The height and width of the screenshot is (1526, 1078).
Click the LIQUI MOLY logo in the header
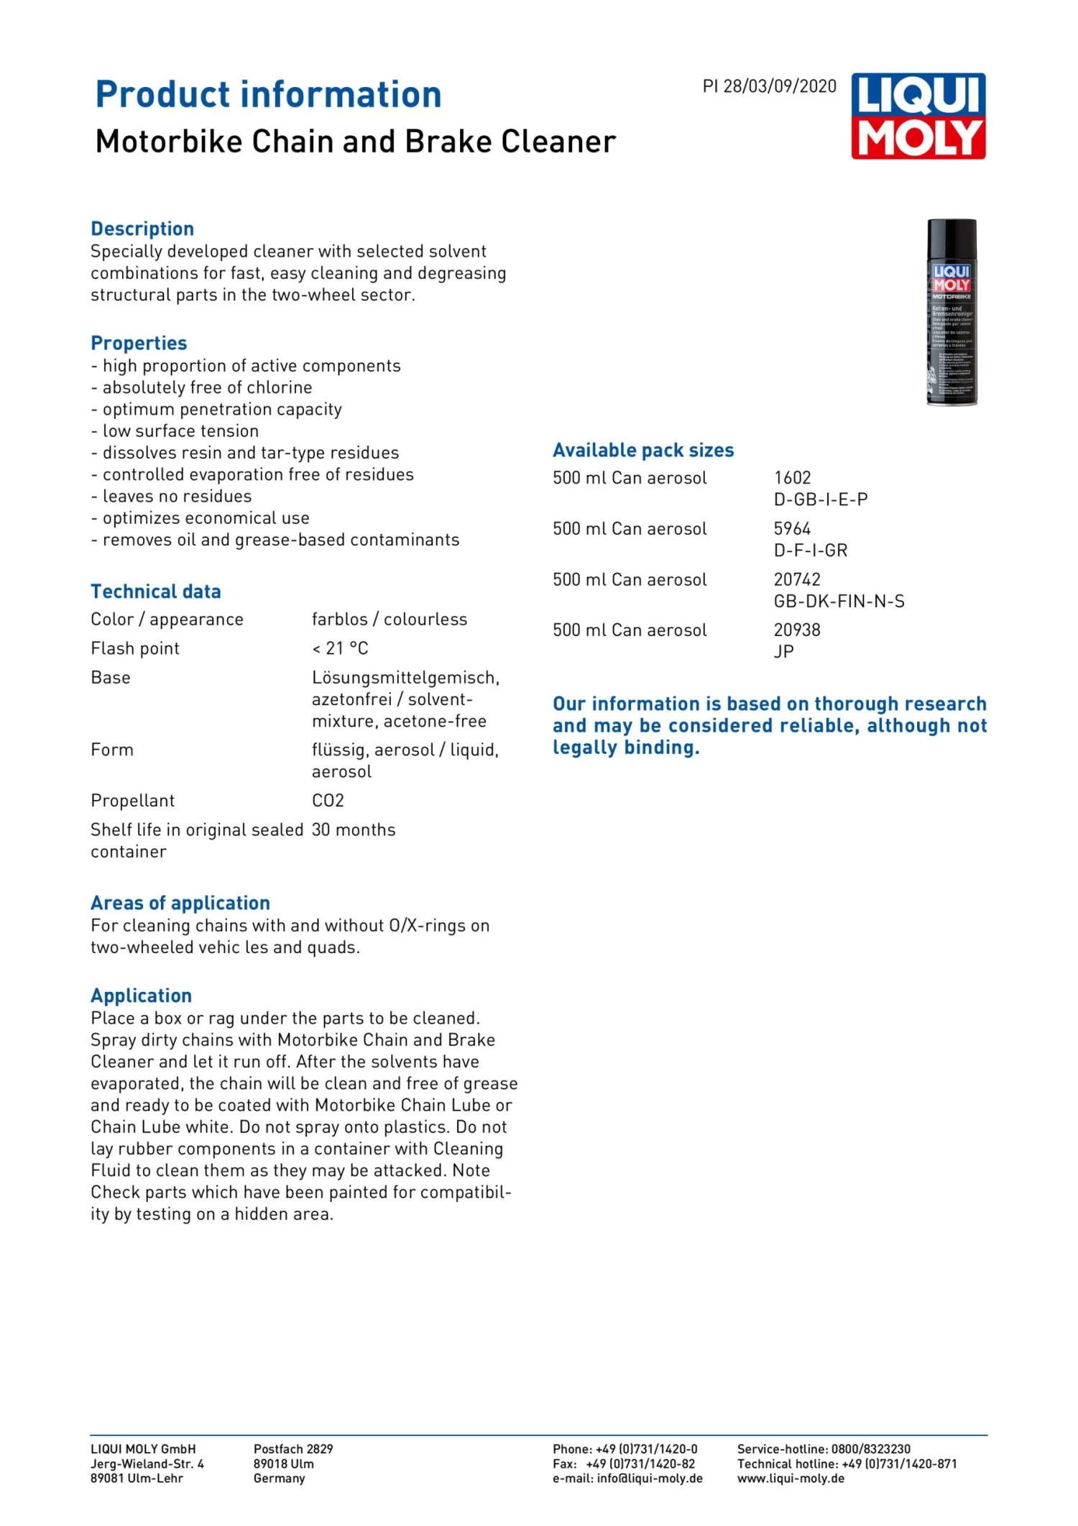pyautogui.click(x=918, y=116)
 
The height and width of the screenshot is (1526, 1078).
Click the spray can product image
pyautogui.click(x=952, y=312)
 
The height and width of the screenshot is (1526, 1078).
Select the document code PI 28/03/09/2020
pyautogui.click(x=769, y=87)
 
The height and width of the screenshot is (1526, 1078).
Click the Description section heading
pyautogui.click(x=142, y=229)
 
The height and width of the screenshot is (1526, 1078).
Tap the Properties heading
pyautogui.click(x=139, y=343)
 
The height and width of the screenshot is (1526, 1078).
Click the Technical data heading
pyautogui.click(x=156, y=592)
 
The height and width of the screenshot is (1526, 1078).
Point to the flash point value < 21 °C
pyautogui.click(x=340, y=648)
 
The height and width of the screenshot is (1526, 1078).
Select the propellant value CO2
pyautogui.click(x=328, y=801)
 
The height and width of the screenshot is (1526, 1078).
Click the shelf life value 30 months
pyautogui.click(x=354, y=830)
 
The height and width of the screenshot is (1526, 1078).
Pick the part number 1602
pyautogui.click(x=792, y=478)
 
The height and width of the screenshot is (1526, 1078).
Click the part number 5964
pyautogui.click(x=792, y=529)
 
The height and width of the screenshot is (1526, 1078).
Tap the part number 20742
pyautogui.click(x=797, y=579)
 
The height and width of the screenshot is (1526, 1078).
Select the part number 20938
pyautogui.click(x=797, y=630)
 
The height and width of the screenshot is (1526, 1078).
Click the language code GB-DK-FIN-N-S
pyautogui.click(x=839, y=602)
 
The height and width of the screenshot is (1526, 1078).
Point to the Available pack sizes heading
pyautogui.click(x=643, y=451)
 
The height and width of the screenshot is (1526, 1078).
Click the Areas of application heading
pyautogui.click(x=180, y=903)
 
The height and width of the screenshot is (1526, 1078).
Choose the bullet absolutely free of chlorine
pyautogui.click(x=207, y=388)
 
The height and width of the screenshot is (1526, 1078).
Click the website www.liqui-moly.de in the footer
pyautogui.click(x=791, y=1479)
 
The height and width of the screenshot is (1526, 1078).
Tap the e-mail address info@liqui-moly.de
pyautogui.click(x=650, y=1479)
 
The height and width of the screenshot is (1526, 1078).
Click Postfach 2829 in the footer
pyautogui.click(x=293, y=1449)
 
